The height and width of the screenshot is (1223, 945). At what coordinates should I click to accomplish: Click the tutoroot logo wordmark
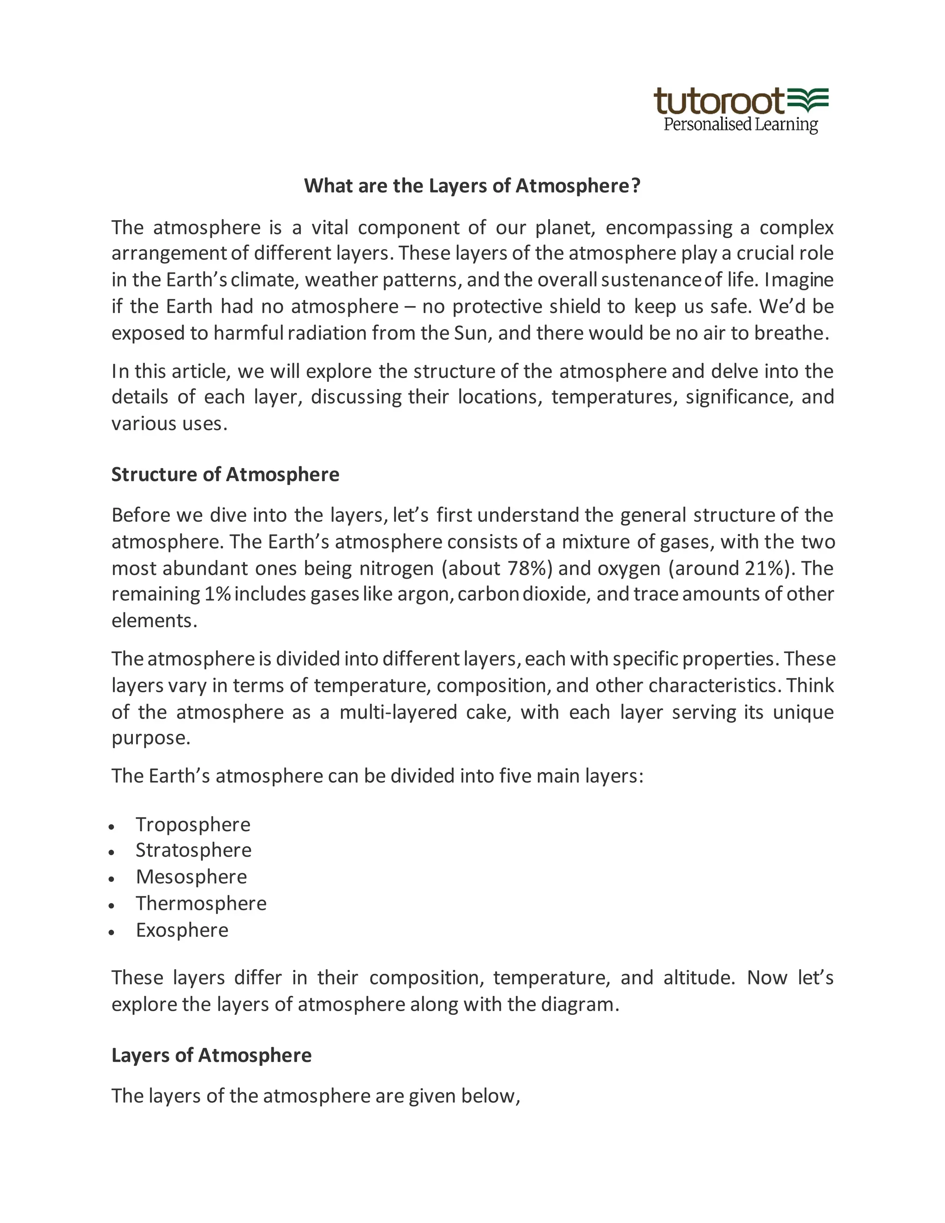coord(719,102)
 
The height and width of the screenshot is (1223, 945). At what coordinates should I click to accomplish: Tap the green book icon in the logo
coord(808,100)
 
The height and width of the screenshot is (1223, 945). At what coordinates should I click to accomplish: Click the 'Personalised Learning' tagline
coord(740,124)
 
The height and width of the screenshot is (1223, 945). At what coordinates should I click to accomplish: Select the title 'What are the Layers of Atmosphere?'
coord(472,186)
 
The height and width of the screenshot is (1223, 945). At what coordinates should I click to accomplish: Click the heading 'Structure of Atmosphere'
coord(225,474)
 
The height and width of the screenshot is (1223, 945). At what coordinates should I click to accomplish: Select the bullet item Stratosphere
coord(193,850)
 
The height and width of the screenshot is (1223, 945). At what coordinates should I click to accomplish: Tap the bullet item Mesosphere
coord(191,876)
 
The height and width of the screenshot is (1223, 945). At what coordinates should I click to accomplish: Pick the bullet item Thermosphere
coord(201,903)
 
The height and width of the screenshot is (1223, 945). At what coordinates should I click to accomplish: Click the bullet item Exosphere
coord(182,930)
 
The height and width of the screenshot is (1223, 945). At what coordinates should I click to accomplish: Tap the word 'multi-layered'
coord(398,712)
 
